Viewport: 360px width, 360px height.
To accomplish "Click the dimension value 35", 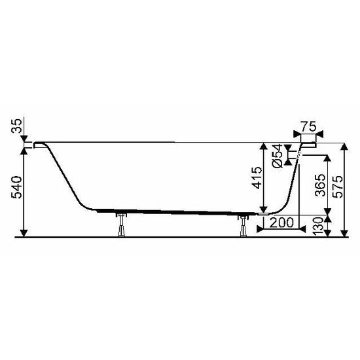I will [x=17, y=126].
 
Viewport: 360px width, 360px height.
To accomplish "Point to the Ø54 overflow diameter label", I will [x=278, y=155].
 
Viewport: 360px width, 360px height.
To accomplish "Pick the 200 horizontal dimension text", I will [x=281, y=223].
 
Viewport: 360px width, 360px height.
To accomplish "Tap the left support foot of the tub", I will [x=121, y=226].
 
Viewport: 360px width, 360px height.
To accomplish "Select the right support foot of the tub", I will [x=243, y=226].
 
